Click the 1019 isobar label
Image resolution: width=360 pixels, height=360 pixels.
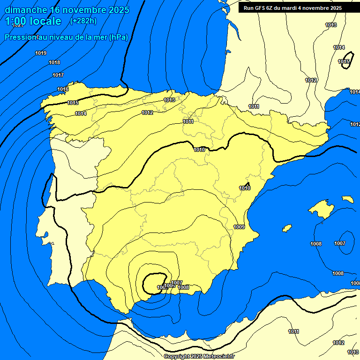[41, 53]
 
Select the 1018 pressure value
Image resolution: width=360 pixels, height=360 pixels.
[54, 63]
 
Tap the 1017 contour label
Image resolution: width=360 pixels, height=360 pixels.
[58, 75]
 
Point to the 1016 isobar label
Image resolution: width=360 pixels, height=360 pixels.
[63, 90]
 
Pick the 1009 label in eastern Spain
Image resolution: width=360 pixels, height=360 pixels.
[239, 227]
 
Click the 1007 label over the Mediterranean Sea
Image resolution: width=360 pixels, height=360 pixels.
[340, 243]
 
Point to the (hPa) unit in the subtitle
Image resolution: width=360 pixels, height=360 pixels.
[118, 37]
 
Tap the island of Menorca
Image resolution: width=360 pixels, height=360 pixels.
[348, 199]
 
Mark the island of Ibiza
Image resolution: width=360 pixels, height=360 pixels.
[287, 228]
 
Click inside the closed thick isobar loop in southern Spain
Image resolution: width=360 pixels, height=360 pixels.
[153, 283]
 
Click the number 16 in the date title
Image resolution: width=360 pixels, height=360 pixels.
[56, 10]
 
